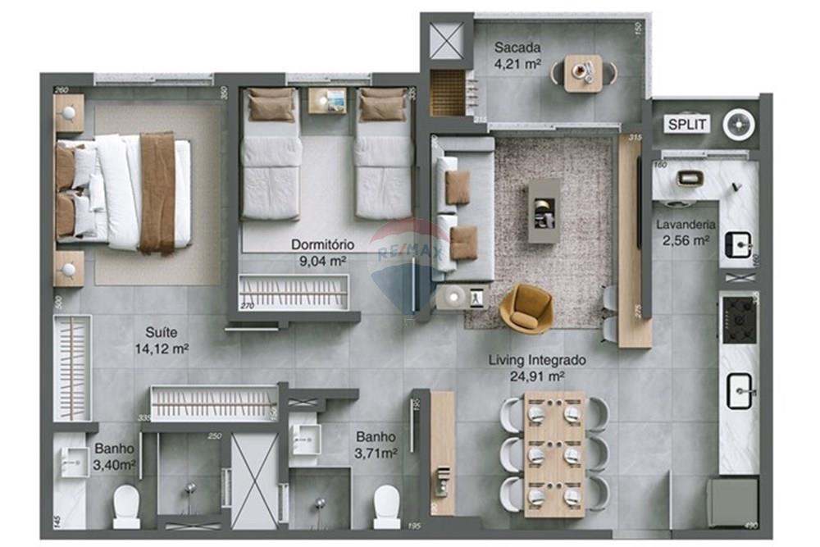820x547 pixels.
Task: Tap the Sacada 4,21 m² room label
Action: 517,54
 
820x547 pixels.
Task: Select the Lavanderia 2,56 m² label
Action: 685,232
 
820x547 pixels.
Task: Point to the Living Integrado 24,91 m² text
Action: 549,367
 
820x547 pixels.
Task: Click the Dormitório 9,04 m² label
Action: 321,252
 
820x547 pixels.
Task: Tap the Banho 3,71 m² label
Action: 376,444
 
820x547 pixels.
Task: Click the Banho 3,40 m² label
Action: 115,457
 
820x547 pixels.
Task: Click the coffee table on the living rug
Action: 544,210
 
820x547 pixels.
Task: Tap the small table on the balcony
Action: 583,73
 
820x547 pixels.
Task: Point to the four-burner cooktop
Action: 739,320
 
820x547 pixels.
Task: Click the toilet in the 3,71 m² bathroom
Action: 386,507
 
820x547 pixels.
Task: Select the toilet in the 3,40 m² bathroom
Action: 126,507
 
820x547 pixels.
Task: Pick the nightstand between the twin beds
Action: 327,101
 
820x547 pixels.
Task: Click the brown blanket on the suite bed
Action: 157,191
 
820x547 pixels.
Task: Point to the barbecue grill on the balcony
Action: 447,92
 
